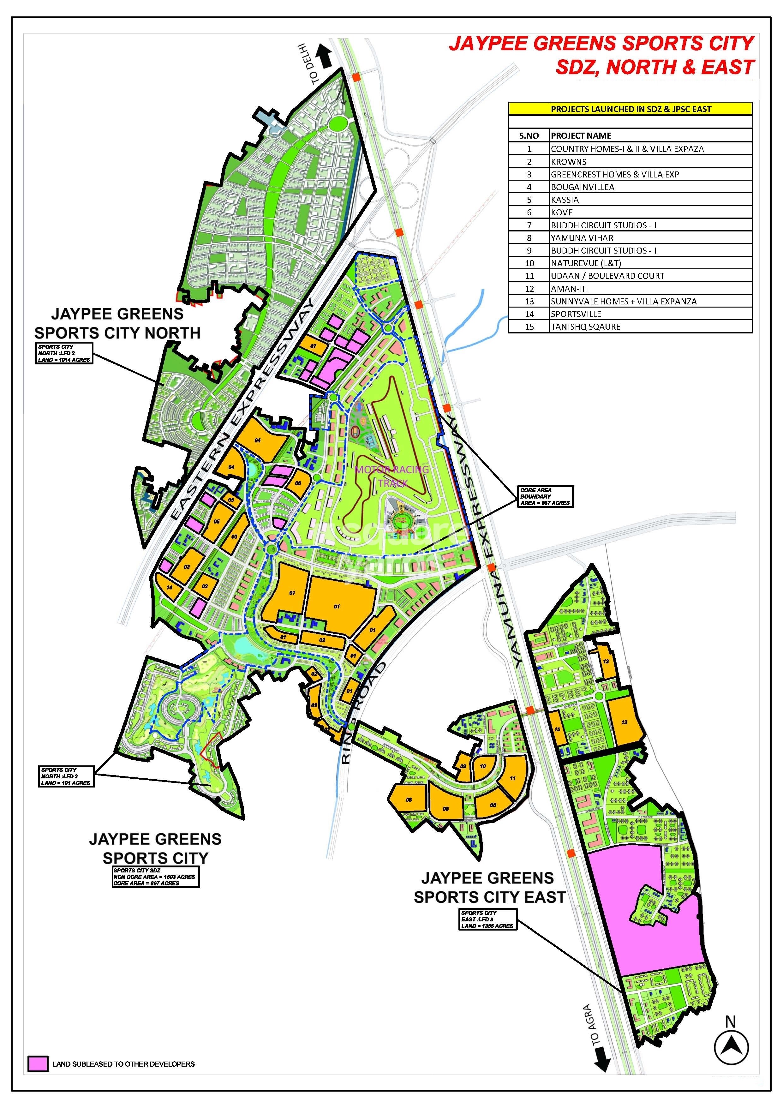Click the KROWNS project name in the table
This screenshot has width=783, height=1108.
pyautogui.click(x=569, y=162)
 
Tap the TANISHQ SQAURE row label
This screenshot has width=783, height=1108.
pyautogui.click(x=585, y=327)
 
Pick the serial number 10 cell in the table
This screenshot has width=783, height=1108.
pyautogui.click(x=529, y=263)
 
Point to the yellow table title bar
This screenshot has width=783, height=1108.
pyautogui.click(x=630, y=109)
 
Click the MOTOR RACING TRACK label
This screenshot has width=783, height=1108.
pyautogui.click(x=392, y=476)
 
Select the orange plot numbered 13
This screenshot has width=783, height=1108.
pyautogui.click(x=625, y=722)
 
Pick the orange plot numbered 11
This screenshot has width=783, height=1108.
pyautogui.click(x=513, y=778)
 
